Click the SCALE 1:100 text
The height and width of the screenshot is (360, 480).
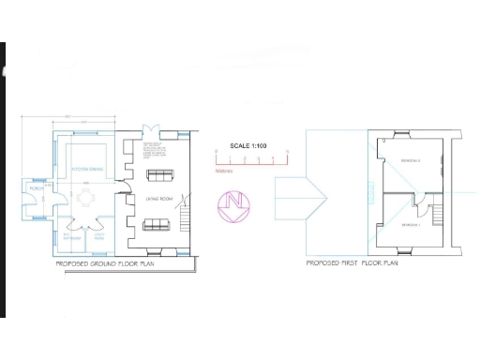[248, 145]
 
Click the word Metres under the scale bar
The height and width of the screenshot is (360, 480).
[225, 170]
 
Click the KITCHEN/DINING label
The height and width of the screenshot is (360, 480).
[87, 169]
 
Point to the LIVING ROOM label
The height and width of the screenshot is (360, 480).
[157, 200]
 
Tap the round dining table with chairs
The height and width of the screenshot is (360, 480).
[87, 198]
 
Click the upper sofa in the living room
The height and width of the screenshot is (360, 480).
[157, 175]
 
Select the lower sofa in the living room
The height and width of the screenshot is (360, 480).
[156, 225]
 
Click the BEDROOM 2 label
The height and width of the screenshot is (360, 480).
[411, 161]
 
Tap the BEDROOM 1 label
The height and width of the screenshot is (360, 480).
[409, 225]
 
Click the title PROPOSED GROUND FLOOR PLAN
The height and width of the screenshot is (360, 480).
[104, 264]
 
